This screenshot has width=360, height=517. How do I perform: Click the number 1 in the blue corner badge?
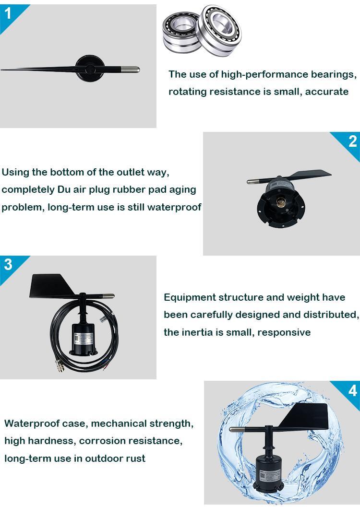click(7, 13)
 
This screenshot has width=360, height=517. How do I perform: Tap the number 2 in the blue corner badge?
click(353, 141)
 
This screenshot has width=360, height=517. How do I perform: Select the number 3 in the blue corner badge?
click(8, 264)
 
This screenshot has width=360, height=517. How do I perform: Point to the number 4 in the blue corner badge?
click(353, 390)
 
